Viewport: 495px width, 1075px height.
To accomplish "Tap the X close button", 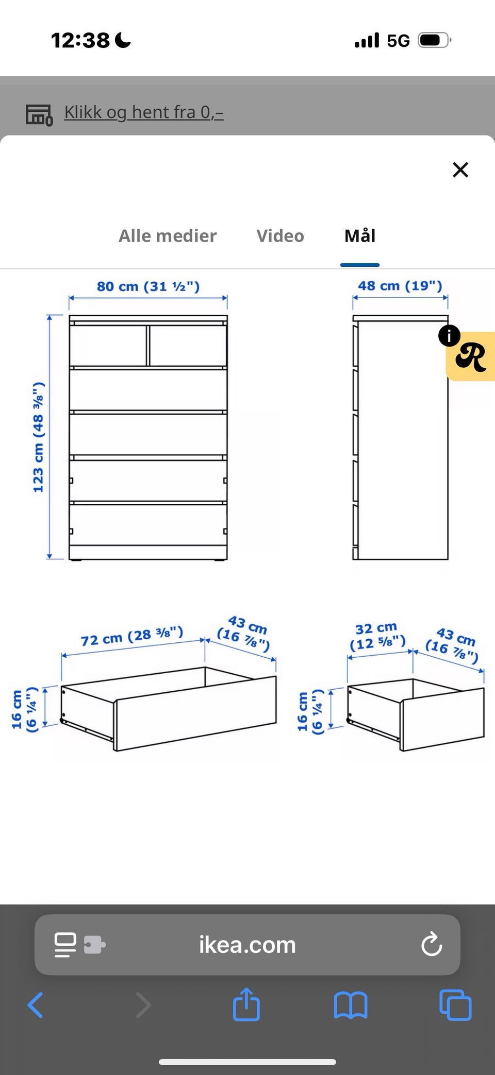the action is coord(460,169).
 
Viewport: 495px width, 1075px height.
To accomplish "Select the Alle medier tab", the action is coord(168,236).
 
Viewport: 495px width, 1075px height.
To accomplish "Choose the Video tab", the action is coord(280,236).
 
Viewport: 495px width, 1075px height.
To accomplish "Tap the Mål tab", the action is coord(360,235).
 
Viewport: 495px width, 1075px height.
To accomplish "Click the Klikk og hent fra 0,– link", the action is coord(144,112).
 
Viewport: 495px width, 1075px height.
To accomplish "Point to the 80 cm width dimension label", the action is coord(148,286).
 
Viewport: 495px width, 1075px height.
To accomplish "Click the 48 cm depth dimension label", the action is coord(400,285).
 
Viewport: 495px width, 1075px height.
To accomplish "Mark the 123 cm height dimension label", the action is coord(39,437).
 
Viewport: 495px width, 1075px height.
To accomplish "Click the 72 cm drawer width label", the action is coord(132,636).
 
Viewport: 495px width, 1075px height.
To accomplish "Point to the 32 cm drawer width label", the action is coord(377,636).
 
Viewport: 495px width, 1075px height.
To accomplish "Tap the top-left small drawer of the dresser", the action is coord(108,345).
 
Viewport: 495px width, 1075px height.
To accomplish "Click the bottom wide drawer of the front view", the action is coord(148,524).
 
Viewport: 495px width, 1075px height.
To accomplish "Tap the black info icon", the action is coord(449,335).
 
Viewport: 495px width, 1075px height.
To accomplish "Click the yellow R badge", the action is coord(470,356).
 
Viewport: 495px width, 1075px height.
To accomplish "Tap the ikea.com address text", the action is coord(247,945).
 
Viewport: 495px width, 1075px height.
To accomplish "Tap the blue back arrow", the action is coord(35,1004).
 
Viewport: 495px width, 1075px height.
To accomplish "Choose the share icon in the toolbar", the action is coord(246,1003).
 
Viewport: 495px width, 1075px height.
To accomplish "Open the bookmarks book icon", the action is coord(351,1005).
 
